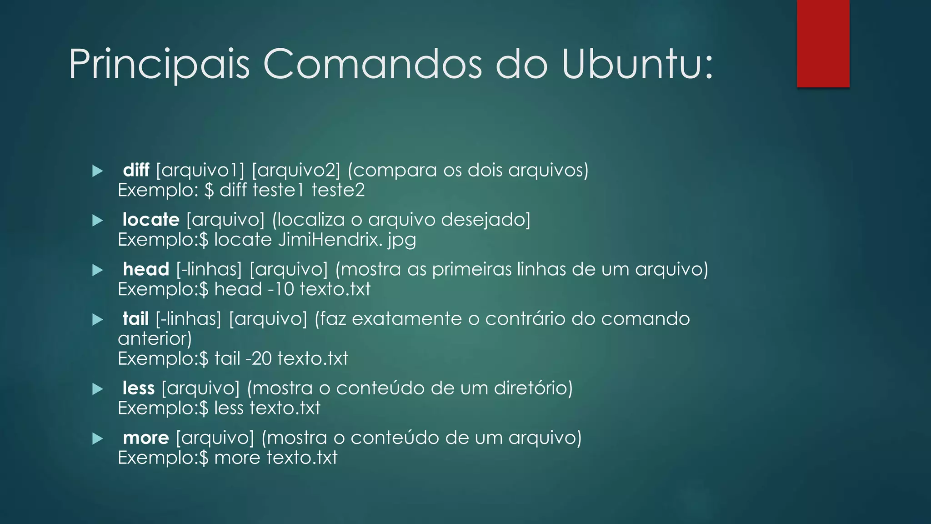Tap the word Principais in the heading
pyautogui.click(x=159, y=65)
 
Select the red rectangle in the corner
pyautogui.click(x=823, y=43)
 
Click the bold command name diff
pyautogui.click(x=136, y=170)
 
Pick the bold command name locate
pyautogui.click(x=151, y=220)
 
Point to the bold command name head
pyautogui.click(x=146, y=269)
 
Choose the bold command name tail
pyautogui.click(x=135, y=318)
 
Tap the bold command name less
pyautogui.click(x=139, y=388)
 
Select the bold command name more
pyautogui.click(x=146, y=438)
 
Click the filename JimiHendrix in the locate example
pyautogui.click(x=330, y=240)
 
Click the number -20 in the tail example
pyautogui.click(x=258, y=359)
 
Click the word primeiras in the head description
pyautogui.click(x=471, y=269)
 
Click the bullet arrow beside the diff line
pyautogui.click(x=97, y=171)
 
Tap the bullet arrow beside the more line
pyautogui.click(x=97, y=438)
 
